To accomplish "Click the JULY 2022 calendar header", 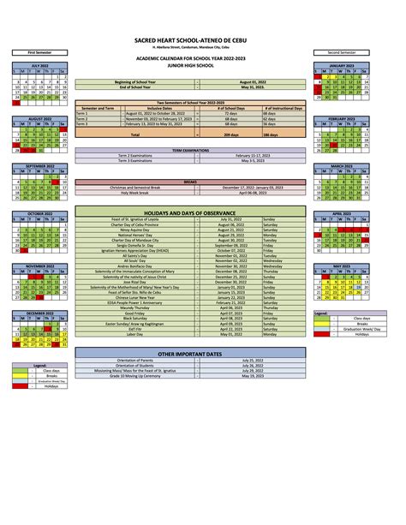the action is (x=40, y=65).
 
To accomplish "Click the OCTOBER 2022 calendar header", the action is (x=40, y=214).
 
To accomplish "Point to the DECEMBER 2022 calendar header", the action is (x=40, y=314).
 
